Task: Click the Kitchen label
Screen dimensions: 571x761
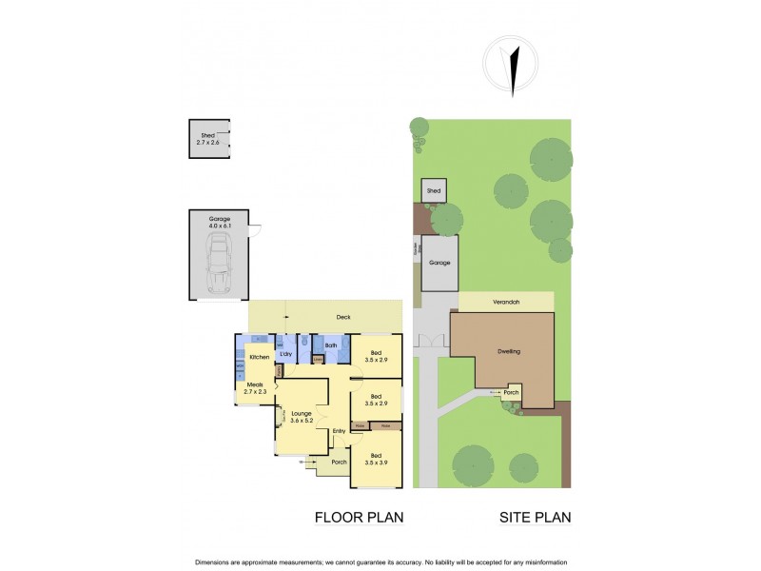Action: tap(261, 356)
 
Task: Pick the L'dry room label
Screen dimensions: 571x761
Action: tap(285, 356)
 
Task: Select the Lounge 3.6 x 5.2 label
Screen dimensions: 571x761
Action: tap(302, 417)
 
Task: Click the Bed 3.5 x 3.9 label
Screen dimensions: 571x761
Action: tap(377, 459)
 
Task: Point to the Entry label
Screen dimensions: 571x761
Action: tap(339, 431)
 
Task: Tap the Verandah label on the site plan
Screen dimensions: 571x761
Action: tap(506, 302)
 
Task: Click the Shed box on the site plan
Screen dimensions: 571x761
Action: tap(434, 191)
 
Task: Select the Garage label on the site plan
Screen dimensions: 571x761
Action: tap(439, 262)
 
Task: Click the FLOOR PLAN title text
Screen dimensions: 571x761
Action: tap(359, 518)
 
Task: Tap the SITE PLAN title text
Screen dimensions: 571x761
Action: tap(535, 518)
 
